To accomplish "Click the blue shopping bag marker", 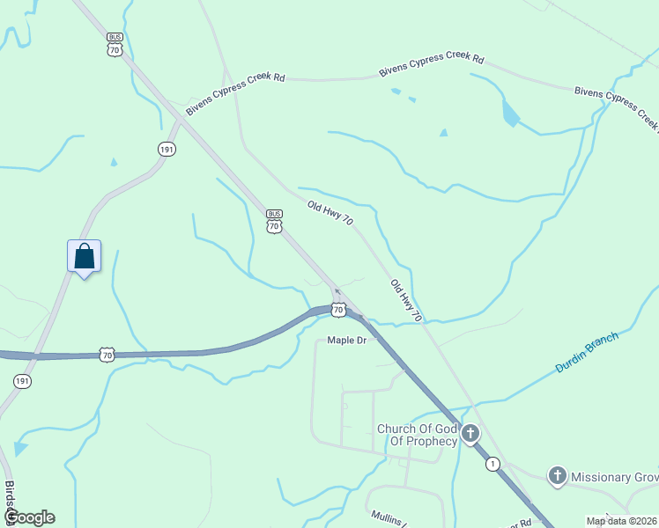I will [x=84, y=256].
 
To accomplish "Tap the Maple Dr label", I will [x=346, y=340].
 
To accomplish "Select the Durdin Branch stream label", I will [x=588, y=352].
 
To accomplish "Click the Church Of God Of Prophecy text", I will [x=417, y=435].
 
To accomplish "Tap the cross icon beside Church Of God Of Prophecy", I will [x=470, y=434].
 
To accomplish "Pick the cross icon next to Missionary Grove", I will [x=556, y=477].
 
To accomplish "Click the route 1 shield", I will [x=492, y=464].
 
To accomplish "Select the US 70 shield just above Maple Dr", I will [x=338, y=309].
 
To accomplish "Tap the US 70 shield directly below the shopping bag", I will [x=107, y=355].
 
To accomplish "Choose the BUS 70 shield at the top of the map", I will [x=115, y=46].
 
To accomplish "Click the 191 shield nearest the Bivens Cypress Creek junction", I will [x=167, y=150].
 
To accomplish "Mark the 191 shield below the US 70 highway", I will [x=22, y=381].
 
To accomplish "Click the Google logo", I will [x=30, y=517].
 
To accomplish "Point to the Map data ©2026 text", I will [x=621, y=521].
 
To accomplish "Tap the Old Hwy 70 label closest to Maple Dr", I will [x=406, y=300].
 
